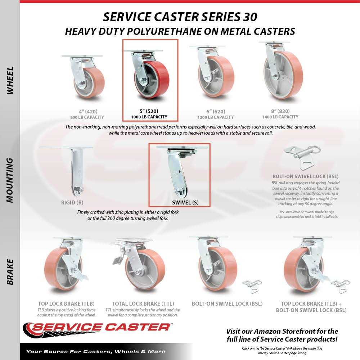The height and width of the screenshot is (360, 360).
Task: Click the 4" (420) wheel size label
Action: pyautogui.click(x=88, y=112)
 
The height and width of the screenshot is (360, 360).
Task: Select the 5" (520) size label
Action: pyautogui.click(x=149, y=111)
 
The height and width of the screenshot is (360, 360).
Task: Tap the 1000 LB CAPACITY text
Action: pyautogui.click(x=149, y=117)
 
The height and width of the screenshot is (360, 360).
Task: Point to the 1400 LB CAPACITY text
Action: pyautogui.click(x=280, y=117)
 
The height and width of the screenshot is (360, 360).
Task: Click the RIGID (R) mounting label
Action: pyautogui.click(x=72, y=202)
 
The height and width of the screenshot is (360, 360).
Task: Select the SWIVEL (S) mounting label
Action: pyautogui.click(x=185, y=202)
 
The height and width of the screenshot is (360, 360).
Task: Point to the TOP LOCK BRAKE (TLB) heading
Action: pyautogui.click(x=66, y=304)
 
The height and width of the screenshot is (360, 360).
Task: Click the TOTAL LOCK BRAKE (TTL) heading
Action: pyautogui.click(x=143, y=304)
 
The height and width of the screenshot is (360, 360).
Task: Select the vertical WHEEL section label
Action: pyautogui.click(x=10, y=80)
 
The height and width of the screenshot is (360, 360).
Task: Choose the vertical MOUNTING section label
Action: pyautogui.click(x=10, y=180)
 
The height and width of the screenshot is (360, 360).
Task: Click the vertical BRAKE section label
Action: pyautogui.click(x=10, y=272)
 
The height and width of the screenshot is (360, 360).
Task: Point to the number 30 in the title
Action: pyautogui.click(x=250, y=17)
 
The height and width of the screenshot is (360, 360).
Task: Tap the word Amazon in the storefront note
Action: pyautogui.click(x=267, y=331)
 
